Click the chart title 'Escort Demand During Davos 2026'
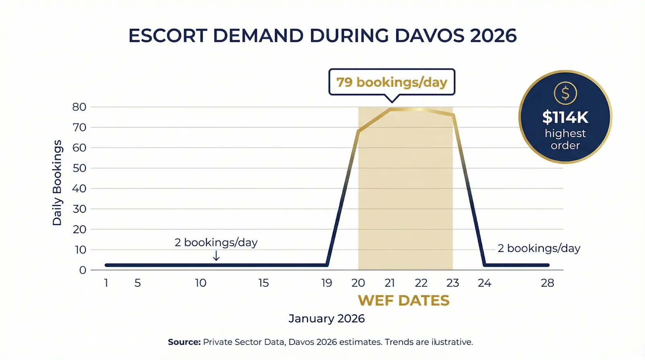point(322,36)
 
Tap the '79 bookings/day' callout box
point(391,82)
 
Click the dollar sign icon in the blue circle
point(565,93)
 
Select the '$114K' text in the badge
point(565,117)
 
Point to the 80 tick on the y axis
point(79,107)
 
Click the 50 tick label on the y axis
point(79,168)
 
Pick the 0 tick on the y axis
point(83,270)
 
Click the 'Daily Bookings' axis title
point(57,183)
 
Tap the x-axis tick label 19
point(327,283)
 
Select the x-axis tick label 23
point(453,283)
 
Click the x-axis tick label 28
point(547,283)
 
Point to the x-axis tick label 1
point(106,283)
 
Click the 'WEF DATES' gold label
point(404,301)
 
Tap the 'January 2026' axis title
point(327,318)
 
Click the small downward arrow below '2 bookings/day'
point(216,256)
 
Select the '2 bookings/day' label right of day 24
point(539,248)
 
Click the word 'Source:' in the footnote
point(184,342)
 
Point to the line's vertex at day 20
point(358,131)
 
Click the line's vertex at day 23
point(454,115)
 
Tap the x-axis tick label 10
point(201,283)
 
